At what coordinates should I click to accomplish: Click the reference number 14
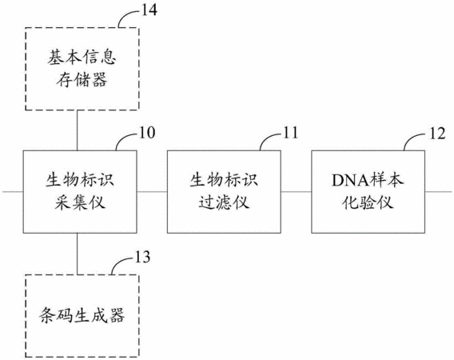[149, 10]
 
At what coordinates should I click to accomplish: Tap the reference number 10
[147, 133]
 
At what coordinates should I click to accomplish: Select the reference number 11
[290, 133]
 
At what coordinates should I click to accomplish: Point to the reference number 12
[437, 134]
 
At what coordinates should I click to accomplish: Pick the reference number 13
[142, 257]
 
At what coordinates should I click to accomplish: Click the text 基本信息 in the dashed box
[82, 57]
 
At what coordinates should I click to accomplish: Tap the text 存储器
[82, 79]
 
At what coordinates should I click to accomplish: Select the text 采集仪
[80, 202]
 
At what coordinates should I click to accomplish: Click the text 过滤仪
[224, 202]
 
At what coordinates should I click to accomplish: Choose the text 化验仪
[368, 202]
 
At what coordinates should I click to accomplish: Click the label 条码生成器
[82, 315]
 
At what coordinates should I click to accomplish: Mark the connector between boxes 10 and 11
[152, 191]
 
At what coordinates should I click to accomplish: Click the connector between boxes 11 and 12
[297, 191]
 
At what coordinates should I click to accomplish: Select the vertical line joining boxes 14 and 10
[77, 130]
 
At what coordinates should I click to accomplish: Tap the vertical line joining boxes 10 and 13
[77, 254]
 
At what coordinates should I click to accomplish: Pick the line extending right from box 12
[438, 191]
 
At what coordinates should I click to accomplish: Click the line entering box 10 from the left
[13, 191]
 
